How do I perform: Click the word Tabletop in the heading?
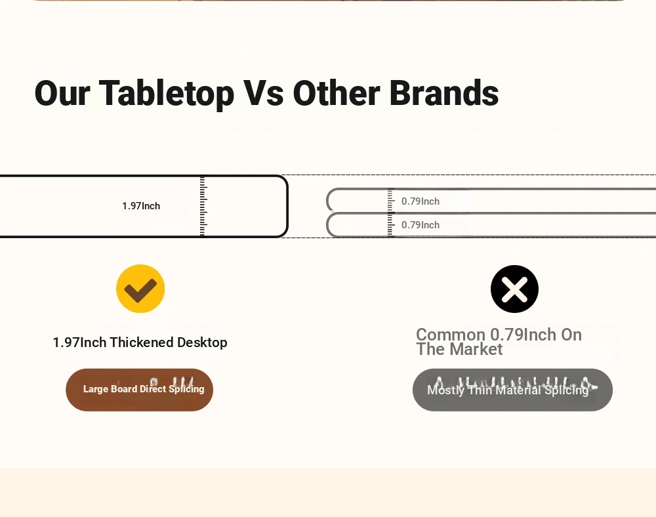click(166, 93)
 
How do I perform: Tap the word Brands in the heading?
click(444, 93)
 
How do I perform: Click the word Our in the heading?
click(62, 93)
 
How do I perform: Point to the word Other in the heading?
click(337, 93)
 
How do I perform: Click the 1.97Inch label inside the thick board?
click(141, 206)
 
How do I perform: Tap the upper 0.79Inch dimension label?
click(420, 201)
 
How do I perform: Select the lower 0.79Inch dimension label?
click(420, 225)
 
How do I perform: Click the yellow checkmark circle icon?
click(140, 289)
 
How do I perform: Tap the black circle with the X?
click(514, 289)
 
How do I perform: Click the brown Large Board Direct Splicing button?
click(139, 390)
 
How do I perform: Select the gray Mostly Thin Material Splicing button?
click(512, 390)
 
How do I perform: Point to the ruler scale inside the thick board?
click(203, 206)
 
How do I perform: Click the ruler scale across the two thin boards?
click(391, 213)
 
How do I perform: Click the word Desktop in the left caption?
click(202, 342)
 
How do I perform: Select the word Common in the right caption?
click(451, 335)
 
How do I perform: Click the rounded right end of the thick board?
click(287, 206)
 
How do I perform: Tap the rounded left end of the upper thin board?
click(327, 201)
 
